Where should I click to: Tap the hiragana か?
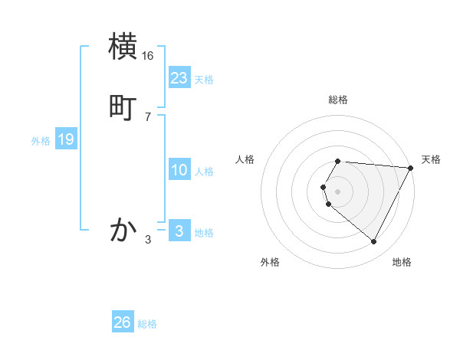[x=123, y=229]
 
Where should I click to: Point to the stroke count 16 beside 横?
[x=148, y=56]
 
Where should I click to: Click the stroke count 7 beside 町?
[x=148, y=116]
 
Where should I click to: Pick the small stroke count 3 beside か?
[x=148, y=240]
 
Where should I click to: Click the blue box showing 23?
[x=179, y=78]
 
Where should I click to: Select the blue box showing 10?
[x=179, y=170]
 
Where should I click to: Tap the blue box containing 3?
[x=179, y=231]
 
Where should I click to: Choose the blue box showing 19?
[x=66, y=139]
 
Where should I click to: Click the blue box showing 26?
[x=123, y=322]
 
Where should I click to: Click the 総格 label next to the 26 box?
[x=147, y=324]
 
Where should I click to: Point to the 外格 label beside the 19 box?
[x=41, y=141]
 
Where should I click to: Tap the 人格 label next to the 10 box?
[x=205, y=172]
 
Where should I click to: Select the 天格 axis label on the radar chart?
[x=431, y=159]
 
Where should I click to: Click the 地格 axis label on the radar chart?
[x=402, y=262]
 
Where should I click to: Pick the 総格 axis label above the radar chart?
[x=338, y=100]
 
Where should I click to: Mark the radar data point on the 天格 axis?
[x=411, y=168]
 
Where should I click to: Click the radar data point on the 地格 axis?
[x=374, y=241]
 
